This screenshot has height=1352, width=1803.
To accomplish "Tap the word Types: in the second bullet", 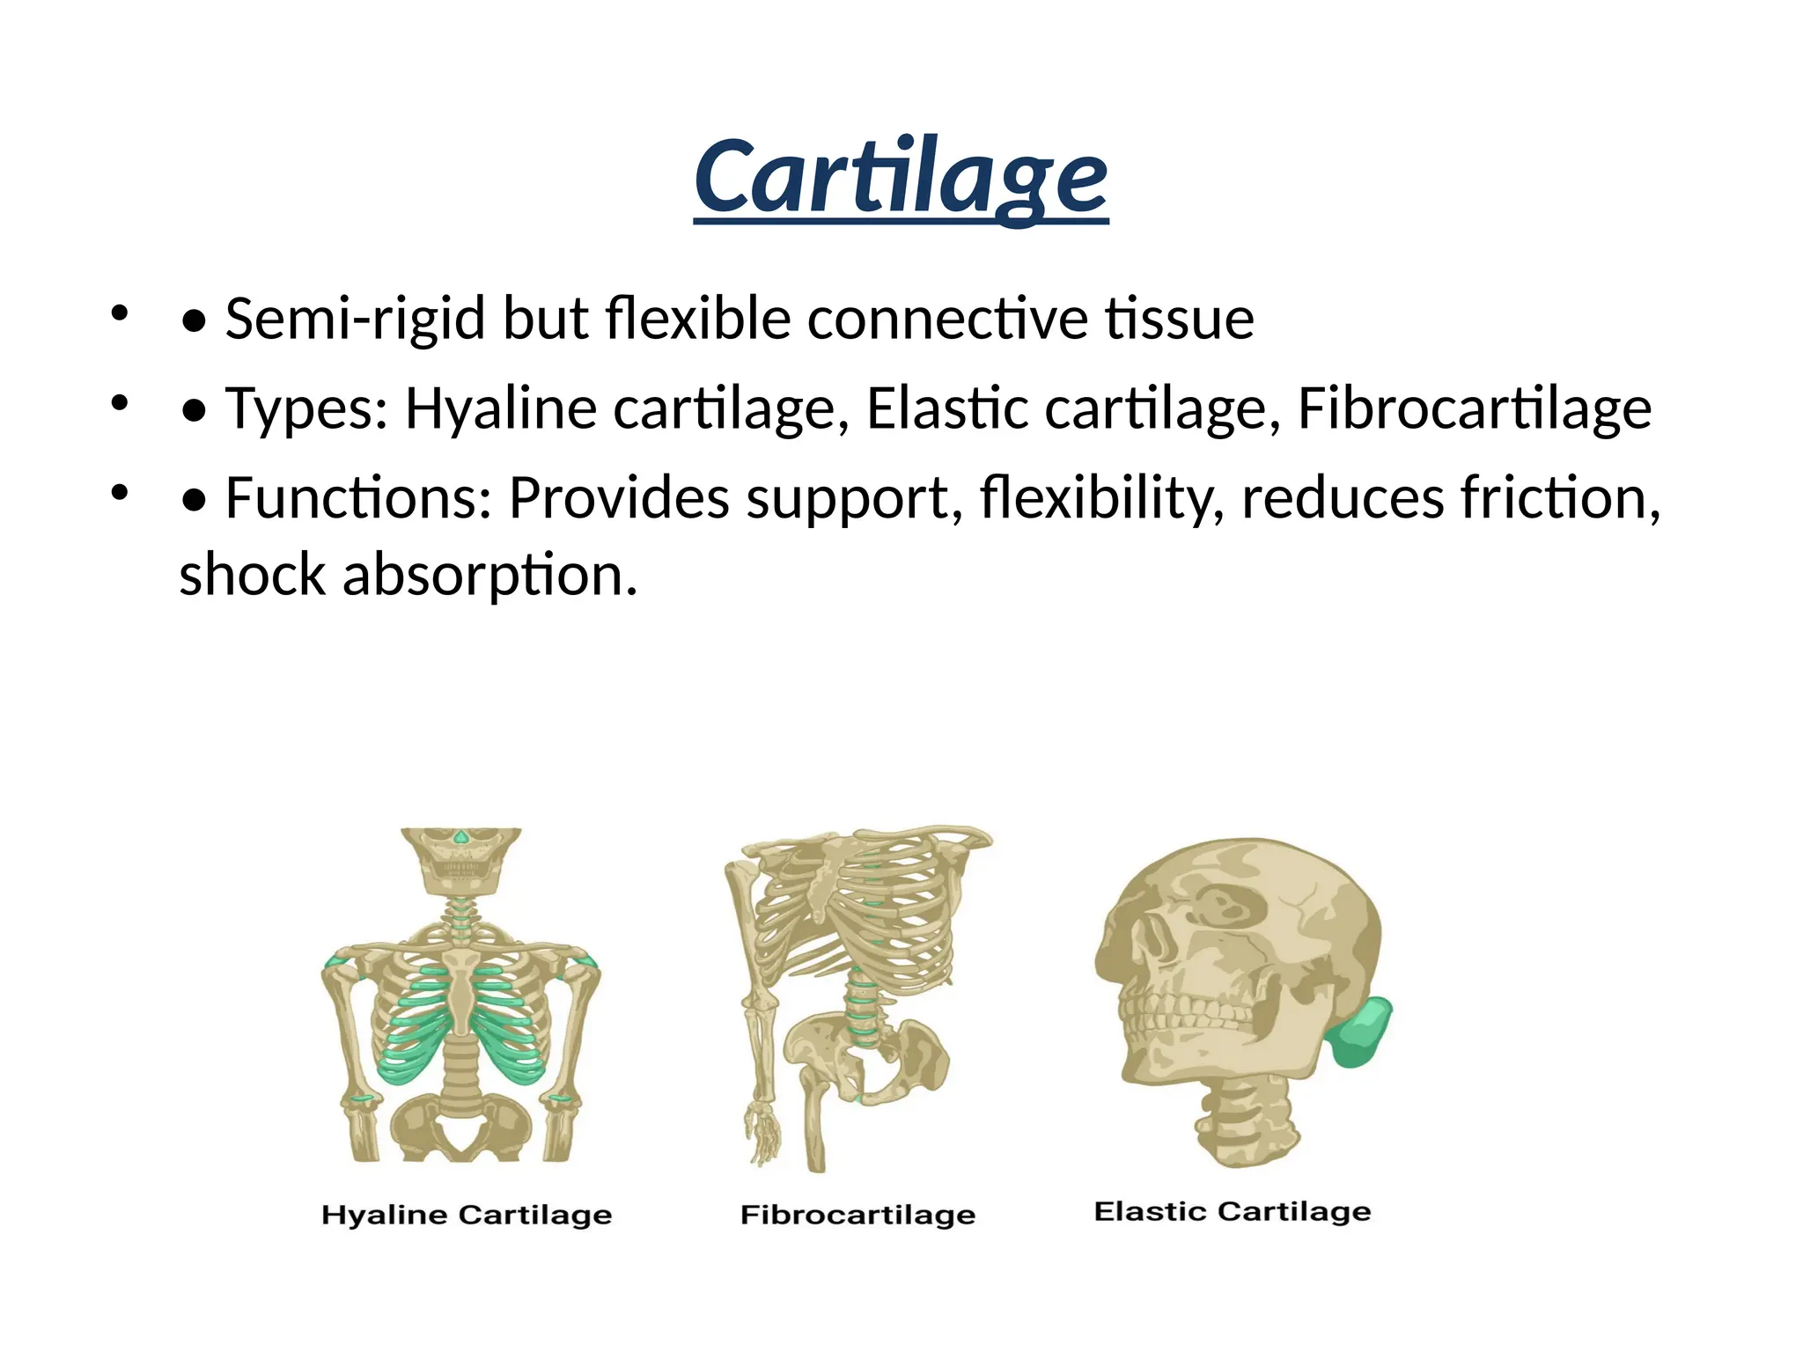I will (305, 409).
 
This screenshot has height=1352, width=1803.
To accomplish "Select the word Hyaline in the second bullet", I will (500, 409).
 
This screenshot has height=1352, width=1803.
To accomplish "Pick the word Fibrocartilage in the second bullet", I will (1474, 409).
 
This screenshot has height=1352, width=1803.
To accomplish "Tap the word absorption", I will (489, 575).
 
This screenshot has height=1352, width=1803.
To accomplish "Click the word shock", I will (252, 575).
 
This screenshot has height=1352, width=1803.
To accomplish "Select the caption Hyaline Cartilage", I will (466, 1216).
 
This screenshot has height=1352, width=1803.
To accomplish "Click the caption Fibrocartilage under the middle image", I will (857, 1216).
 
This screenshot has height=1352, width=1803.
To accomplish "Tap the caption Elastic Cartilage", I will (1232, 1212).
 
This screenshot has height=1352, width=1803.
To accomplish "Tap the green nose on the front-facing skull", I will (460, 836).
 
